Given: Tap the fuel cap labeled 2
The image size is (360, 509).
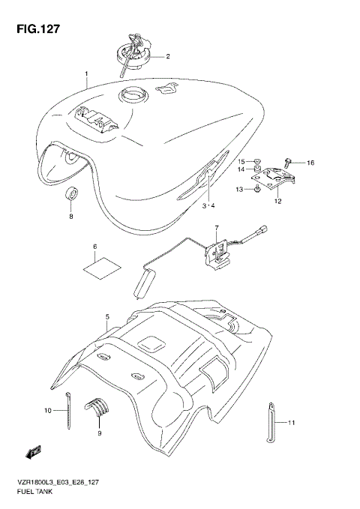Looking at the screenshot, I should click(136, 52).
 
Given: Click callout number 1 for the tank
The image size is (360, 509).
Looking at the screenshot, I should click(86, 73).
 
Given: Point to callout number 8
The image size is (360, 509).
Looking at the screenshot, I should click(71, 217).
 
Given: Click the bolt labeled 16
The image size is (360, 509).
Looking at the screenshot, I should click(289, 161).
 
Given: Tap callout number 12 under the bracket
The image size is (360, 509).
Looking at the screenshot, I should click(277, 201).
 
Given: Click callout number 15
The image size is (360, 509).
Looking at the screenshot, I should click(242, 161).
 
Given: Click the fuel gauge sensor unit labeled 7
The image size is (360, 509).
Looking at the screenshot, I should click(218, 252).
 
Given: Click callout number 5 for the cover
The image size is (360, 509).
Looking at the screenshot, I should click(107, 318).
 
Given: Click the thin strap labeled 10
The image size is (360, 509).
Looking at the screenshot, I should click(68, 411).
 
